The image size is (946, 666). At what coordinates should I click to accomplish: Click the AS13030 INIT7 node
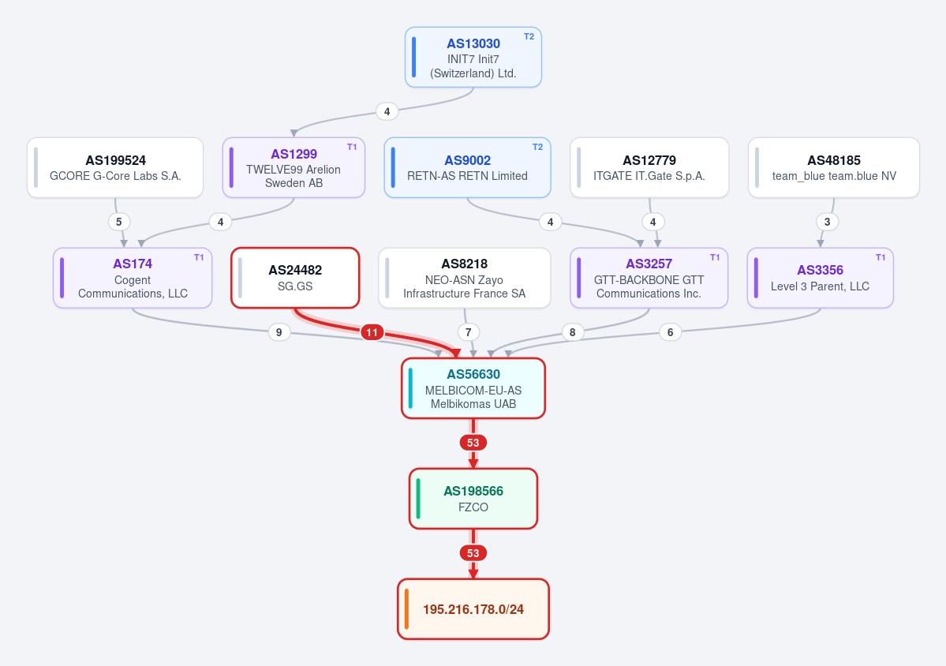[473, 58]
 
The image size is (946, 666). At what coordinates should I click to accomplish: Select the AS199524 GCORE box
[115, 168]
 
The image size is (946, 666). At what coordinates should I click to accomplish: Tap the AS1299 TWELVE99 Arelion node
[294, 168]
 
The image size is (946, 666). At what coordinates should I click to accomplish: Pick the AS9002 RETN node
[468, 168]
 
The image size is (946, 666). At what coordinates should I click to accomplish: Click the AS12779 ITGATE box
[649, 168]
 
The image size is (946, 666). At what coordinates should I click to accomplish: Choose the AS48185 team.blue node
[834, 168]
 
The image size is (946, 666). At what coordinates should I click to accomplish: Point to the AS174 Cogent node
[133, 278]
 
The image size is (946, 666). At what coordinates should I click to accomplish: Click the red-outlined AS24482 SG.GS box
[295, 278]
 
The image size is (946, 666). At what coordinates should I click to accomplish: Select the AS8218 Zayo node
[465, 278]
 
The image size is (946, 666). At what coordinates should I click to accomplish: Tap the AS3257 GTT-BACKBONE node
[649, 278]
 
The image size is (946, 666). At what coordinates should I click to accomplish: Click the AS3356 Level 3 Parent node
[821, 278]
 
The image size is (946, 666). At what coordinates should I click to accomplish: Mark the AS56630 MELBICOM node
[473, 388]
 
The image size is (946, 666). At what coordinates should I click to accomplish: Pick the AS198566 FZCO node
[473, 499]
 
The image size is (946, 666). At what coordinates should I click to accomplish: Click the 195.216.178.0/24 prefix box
[473, 609]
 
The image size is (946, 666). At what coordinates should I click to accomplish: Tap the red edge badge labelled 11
[372, 332]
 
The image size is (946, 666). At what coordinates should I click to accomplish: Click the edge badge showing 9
[279, 332]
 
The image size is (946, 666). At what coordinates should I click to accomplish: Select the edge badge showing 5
[119, 222]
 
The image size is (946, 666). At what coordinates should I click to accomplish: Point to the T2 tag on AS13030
[529, 37]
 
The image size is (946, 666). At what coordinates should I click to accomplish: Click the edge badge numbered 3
[827, 222]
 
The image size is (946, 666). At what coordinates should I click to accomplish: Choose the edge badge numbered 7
[468, 332]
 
